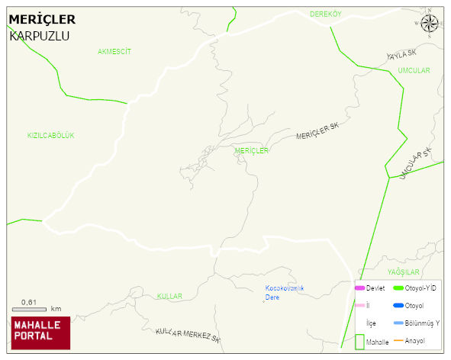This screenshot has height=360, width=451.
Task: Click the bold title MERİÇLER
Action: point(42,19)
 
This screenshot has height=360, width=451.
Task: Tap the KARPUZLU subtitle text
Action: point(39,35)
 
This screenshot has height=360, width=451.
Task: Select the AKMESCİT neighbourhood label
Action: point(114,52)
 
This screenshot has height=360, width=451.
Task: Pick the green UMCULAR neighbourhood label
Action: point(414,71)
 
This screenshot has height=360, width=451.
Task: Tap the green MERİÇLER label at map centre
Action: point(252,150)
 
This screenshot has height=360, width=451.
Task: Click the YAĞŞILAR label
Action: point(404,272)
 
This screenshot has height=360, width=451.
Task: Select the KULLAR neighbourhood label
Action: point(169,296)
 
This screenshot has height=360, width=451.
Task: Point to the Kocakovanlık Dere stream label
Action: point(285,292)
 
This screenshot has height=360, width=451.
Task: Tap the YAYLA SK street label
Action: point(402,54)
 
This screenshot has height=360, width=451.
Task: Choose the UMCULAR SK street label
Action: point(416,162)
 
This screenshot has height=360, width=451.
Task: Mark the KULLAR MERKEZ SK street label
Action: point(188,333)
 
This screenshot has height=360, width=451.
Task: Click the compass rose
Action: point(430,24)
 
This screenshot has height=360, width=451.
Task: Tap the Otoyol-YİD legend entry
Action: point(416,288)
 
